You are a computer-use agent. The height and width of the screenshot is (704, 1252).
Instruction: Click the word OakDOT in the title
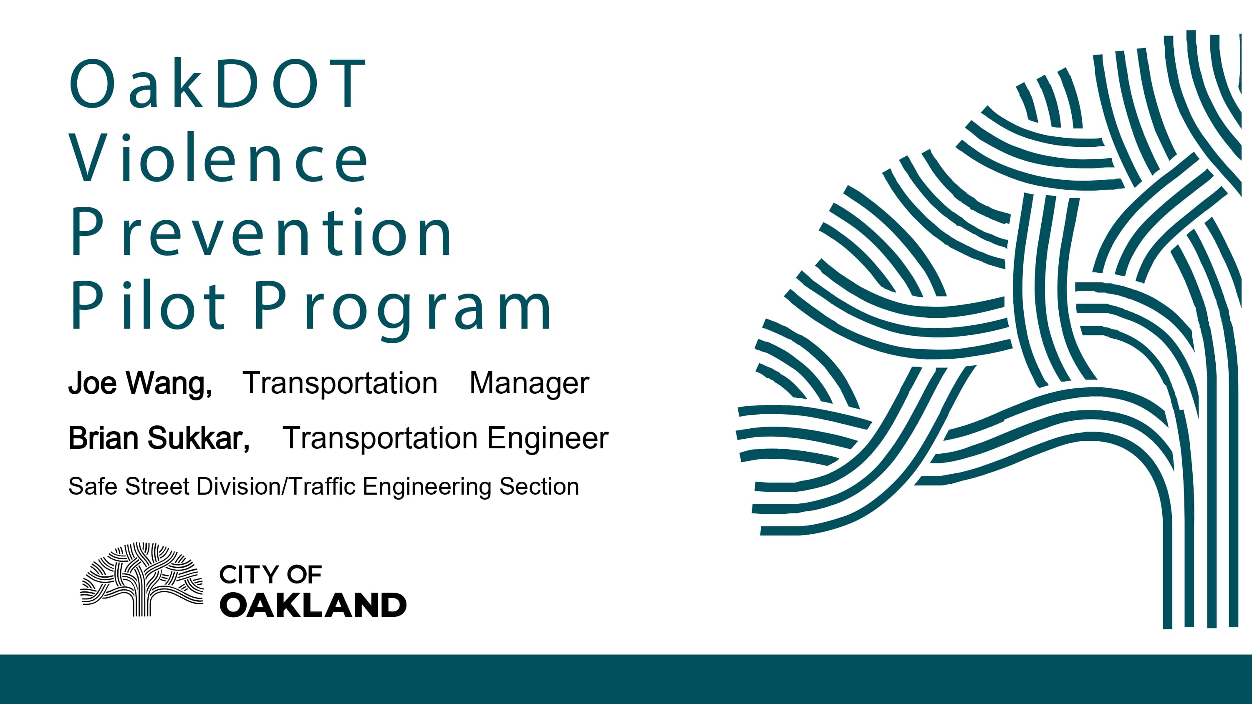218,83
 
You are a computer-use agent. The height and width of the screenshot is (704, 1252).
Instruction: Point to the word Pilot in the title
148,305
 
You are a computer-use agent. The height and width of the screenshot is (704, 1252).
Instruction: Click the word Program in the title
403,310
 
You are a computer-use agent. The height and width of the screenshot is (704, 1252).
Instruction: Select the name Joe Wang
140,383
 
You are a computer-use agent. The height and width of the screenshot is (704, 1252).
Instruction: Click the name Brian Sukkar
159,438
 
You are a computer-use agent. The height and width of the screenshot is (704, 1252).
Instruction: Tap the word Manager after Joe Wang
529,383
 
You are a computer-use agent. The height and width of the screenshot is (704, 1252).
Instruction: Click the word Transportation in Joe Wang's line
340,383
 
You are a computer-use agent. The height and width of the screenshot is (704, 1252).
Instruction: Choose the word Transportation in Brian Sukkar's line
380,438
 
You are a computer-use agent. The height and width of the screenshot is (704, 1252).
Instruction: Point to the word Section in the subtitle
539,486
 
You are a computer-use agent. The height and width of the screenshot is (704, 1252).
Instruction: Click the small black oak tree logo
142,579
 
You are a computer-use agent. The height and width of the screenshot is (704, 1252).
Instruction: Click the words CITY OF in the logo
270,575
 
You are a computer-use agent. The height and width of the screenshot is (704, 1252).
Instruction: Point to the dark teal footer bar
626,679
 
